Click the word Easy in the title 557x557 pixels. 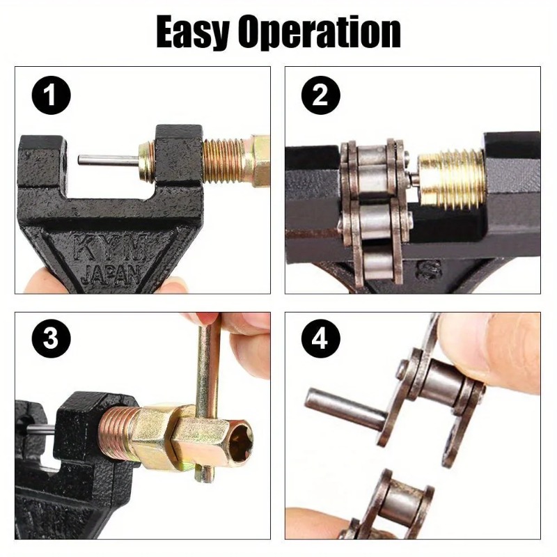click(x=192, y=32)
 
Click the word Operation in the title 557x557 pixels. click(x=320, y=32)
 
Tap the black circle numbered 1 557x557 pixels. click(x=51, y=95)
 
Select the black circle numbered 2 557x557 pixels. click(x=320, y=95)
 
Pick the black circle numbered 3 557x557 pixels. click(x=51, y=338)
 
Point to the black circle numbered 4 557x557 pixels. click(x=320, y=338)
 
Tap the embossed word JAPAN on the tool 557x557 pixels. click(x=110, y=274)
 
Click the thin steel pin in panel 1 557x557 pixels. click(x=108, y=160)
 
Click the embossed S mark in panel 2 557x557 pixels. click(x=430, y=269)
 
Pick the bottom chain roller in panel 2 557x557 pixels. click(x=378, y=263)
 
